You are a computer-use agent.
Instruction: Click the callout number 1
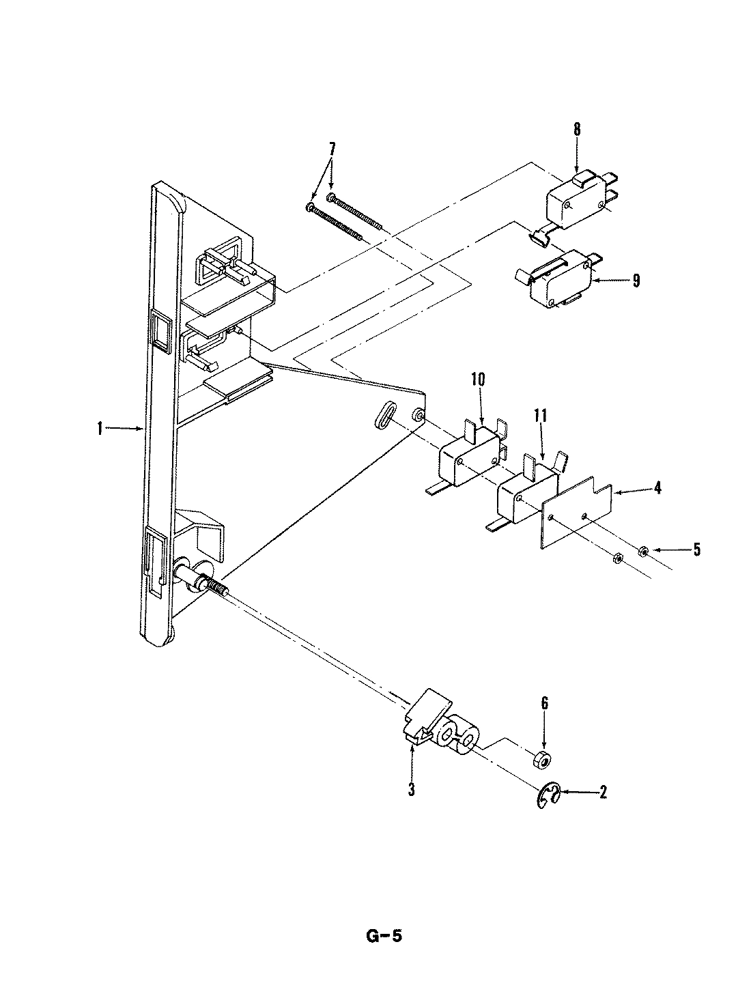[100, 429]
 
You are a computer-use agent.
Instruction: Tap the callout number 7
[332, 148]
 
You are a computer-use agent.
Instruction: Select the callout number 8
[577, 129]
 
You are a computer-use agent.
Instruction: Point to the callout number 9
[636, 281]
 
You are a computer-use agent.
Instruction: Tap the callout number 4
[657, 488]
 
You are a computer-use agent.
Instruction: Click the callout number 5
[696, 550]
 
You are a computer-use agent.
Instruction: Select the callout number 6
[543, 704]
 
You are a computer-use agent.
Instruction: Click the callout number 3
[412, 790]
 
